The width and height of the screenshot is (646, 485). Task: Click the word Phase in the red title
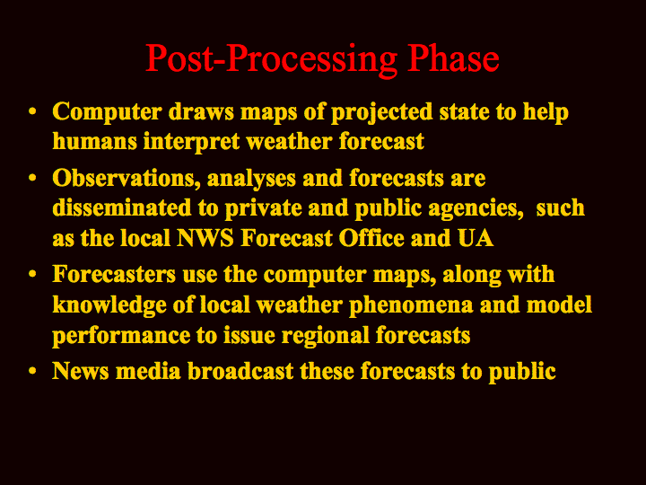point(453,58)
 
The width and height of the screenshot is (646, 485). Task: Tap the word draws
point(201,111)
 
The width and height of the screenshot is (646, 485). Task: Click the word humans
point(94,142)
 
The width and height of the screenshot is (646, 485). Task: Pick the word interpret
point(192,143)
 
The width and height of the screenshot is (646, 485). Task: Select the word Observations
point(127,179)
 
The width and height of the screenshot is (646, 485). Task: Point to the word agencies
point(476,209)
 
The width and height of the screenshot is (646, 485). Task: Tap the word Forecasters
point(114,275)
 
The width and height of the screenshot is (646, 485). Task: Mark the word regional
point(325,336)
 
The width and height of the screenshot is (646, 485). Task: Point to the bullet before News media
point(32,371)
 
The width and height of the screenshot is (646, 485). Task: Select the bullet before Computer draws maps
point(32,111)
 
